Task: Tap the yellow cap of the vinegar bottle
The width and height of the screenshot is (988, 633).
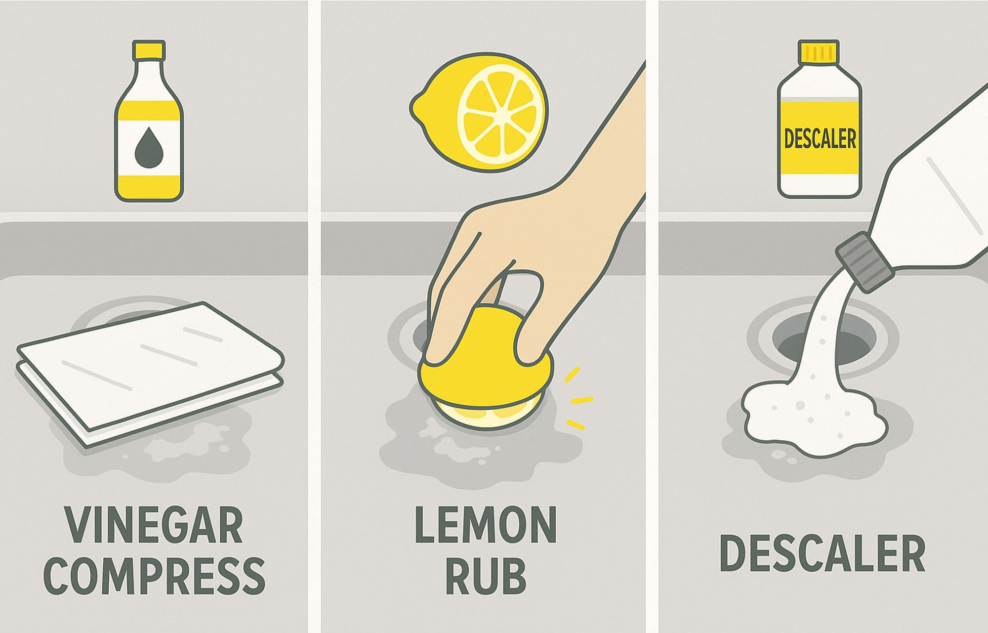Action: click(x=149, y=49)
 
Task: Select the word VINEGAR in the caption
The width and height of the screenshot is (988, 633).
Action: click(x=154, y=525)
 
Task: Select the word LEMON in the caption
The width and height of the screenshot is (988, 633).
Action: click(x=486, y=525)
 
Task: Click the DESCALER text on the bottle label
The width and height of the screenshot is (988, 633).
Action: click(x=820, y=138)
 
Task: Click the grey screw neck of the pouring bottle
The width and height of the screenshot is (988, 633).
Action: click(x=864, y=262)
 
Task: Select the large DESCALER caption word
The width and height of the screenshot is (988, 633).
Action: click(x=823, y=553)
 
